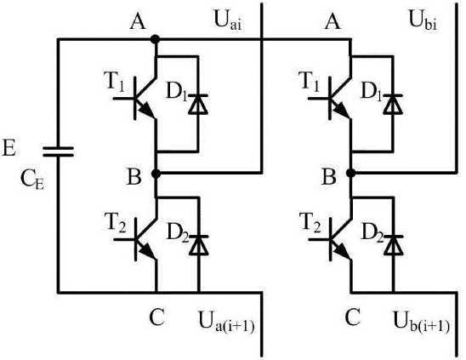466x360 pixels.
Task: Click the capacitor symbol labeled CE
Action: click(58, 151)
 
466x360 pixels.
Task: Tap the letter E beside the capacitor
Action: click(9, 147)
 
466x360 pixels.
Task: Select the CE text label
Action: click(32, 180)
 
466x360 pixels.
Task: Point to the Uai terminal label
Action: click(227, 20)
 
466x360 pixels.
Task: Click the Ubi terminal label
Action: click(423, 20)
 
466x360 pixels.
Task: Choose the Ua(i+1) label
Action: click(226, 322)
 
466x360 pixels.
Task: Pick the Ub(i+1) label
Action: click(422, 322)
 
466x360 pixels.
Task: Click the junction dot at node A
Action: click(155, 39)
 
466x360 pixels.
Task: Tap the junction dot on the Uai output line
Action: click(156, 174)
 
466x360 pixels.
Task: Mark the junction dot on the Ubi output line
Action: click(351, 172)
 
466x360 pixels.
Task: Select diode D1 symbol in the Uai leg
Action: click(198, 104)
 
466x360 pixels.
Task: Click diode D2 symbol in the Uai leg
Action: click(198, 245)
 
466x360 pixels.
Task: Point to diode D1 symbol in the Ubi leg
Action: click(393, 104)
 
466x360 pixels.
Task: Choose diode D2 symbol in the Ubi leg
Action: click(394, 245)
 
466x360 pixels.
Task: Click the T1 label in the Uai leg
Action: click(115, 81)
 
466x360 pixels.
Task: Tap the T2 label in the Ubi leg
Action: click(311, 222)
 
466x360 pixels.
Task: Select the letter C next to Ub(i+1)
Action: click(353, 317)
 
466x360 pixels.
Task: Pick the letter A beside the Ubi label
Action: click(332, 21)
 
